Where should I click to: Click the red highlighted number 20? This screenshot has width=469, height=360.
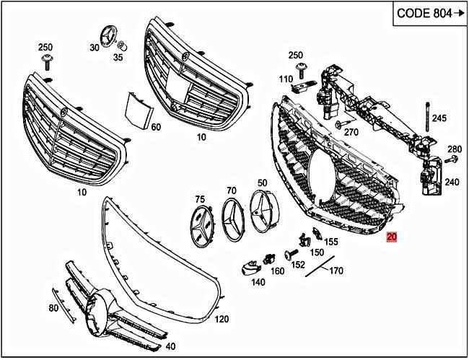point(392,237)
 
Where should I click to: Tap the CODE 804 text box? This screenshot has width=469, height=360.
point(428,14)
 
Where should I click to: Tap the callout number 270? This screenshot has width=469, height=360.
point(351,132)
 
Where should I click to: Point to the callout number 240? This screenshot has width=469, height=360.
point(452,183)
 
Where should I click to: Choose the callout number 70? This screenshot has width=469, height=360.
point(231,190)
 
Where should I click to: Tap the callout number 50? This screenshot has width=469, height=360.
point(262,183)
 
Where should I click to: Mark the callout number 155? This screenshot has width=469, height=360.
point(331,242)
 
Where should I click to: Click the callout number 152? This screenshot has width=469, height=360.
point(297,265)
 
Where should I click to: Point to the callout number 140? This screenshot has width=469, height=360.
point(258,283)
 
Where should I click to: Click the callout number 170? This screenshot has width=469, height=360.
point(336,271)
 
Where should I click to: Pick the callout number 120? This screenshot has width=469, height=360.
point(222,318)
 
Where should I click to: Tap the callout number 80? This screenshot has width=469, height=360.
point(53,308)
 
